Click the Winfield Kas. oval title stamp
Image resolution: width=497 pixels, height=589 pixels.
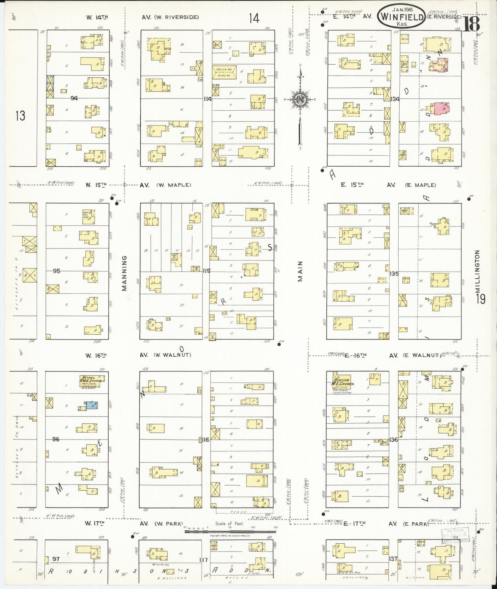[x=401, y=16]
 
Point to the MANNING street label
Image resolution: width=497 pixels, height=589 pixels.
[x=125, y=273]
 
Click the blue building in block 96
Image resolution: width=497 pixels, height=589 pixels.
[x=91, y=405]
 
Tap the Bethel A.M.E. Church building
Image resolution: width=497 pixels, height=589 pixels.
[x=91, y=381]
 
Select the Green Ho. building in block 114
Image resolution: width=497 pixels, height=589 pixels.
[x=224, y=72]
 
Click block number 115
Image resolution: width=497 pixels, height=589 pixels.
[x=206, y=271]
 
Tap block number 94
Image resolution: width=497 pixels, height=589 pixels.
[x=74, y=98]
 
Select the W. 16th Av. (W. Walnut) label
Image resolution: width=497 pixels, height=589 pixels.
[x=138, y=355]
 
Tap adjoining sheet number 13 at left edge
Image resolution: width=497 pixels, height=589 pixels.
[x=20, y=116]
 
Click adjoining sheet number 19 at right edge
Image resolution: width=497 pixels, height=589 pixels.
[x=480, y=299]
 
